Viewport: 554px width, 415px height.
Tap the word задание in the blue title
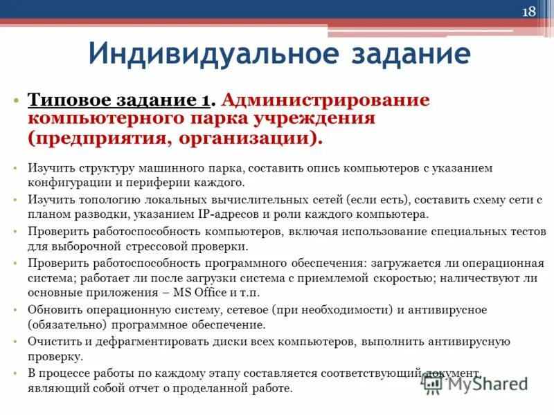click(403, 53)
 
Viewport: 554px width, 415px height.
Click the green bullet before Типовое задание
click(16, 101)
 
